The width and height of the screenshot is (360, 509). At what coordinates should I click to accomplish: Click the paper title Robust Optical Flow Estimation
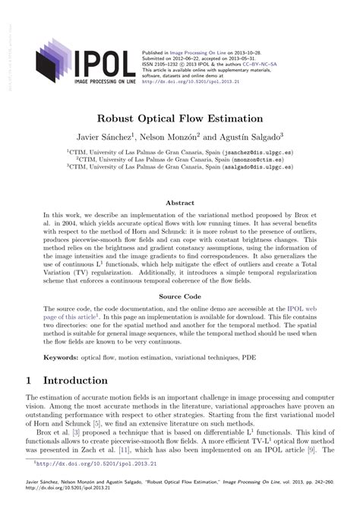coord(179,119)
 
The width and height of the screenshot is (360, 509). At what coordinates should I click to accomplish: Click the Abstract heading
coord(179,204)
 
